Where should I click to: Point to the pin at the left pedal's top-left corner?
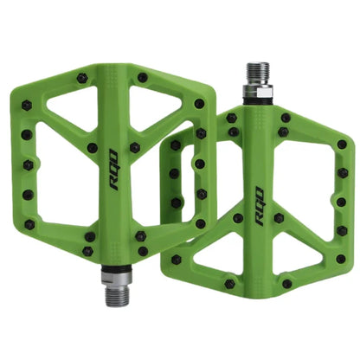click(x=27, y=106)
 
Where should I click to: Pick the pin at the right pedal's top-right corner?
click(x=341, y=145)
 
